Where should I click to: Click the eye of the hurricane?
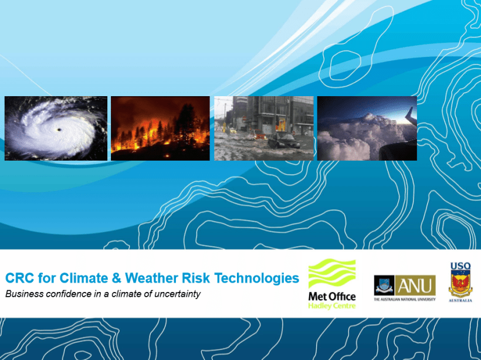coord(59,130)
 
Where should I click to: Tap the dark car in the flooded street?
coord(283,141)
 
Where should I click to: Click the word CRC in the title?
coord(19,278)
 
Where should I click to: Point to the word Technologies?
coord(257,278)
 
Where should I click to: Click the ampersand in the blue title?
coord(116,278)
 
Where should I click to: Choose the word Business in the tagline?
coord(24,294)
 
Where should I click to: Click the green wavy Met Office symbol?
coord(332,273)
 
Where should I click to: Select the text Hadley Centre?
coord(332,305)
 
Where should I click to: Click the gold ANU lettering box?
coord(415,286)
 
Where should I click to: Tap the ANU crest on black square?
coord(384,286)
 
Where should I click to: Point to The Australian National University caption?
coord(405,299)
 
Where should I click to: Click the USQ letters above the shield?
coord(460,266)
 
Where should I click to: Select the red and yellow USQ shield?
coord(460,284)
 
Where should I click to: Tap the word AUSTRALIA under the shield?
coord(460,301)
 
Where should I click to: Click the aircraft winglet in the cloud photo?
coord(411,116)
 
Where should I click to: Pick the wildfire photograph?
coord(160,128)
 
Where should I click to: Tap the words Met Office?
coord(332,297)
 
